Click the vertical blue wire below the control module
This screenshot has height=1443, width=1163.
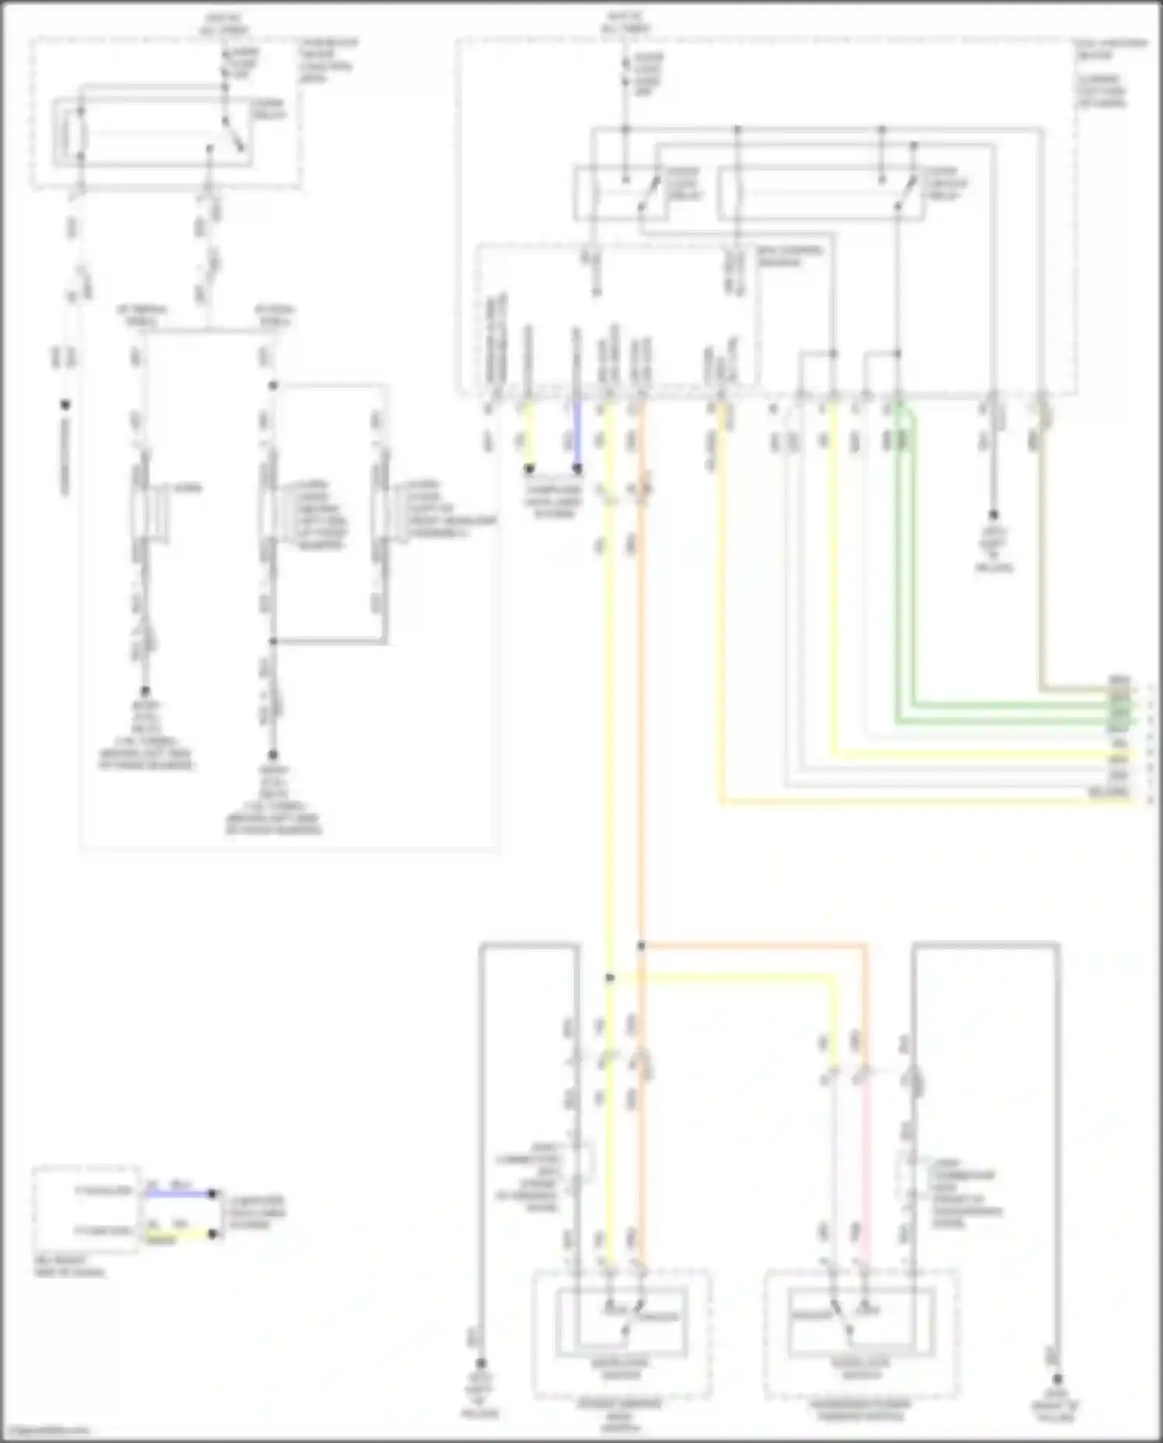577,434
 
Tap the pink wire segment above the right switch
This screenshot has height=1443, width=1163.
865,1163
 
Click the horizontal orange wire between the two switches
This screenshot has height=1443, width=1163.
752,945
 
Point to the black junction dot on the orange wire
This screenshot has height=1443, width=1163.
641,945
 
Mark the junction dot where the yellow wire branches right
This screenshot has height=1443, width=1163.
610,978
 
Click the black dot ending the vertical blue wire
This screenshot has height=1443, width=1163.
577,469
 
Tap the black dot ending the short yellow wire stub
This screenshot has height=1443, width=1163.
530,469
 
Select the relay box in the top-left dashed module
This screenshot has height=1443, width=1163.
153,132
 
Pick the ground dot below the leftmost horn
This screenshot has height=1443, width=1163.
145,691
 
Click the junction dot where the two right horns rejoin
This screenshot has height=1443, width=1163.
273,641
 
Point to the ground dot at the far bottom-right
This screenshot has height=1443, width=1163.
1057,1378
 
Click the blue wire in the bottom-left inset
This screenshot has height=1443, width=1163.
178,1193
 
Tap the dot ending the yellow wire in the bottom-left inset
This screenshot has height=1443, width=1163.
212,1233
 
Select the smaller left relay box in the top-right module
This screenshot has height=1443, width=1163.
616,192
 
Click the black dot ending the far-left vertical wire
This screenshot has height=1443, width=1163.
65,405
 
